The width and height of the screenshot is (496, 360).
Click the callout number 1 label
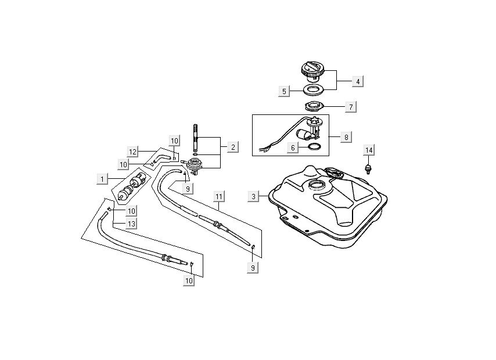[x=102, y=179]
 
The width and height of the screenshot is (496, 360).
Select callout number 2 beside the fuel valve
[x=232, y=147]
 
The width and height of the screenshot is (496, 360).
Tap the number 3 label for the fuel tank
[x=254, y=196]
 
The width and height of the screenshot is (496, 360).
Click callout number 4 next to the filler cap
[x=358, y=81]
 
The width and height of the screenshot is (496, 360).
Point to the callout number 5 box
[x=284, y=91]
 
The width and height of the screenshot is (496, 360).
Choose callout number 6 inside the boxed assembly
[x=294, y=147]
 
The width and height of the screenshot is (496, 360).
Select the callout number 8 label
[x=346, y=137]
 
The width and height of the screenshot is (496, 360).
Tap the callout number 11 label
[x=218, y=196]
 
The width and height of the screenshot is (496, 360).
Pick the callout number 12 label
[x=132, y=152]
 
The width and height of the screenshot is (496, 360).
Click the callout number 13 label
[x=131, y=224]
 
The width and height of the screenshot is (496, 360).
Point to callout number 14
[x=368, y=150]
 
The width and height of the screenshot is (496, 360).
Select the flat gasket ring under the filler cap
[x=314, y=91]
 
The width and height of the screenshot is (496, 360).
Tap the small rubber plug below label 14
[x=368, y=169]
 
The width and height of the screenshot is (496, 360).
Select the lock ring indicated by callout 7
[x=313, y=107]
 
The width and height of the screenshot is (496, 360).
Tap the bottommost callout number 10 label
[x=189, y=281]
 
